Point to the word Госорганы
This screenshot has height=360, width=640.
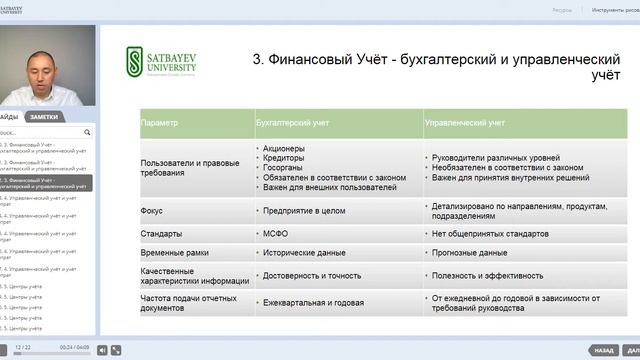(285, 168)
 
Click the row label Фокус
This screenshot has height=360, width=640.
(152, 211)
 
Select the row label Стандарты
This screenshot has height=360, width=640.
(161, 233)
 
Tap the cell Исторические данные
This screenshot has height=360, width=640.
(305, 253)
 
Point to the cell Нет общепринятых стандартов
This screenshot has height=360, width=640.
(490, 233)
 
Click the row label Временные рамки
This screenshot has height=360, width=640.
(175, 253)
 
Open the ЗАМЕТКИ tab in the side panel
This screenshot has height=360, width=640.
(43, 117)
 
